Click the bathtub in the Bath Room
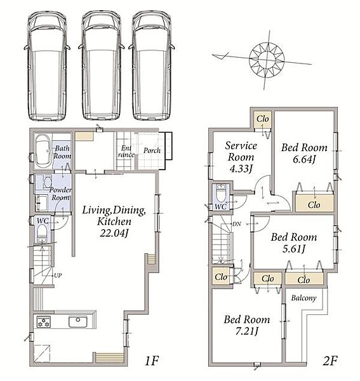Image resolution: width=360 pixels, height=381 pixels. click(43, 151)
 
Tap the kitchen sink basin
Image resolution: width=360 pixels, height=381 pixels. click(77, 322)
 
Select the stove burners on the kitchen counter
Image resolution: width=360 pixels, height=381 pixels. click(44, 322)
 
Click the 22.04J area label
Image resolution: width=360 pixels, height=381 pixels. click(114, 233)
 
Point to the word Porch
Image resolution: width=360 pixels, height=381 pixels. click(152, 150)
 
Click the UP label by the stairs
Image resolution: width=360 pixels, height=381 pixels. click(58, 276)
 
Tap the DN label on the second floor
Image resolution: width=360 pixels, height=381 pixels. click(237, 224)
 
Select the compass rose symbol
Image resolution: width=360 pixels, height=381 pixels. click(267, 60)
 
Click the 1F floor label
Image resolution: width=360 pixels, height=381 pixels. click(152, 361)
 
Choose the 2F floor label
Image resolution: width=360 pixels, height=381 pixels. click(330, 361)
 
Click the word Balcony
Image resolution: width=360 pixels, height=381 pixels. click(303, 298)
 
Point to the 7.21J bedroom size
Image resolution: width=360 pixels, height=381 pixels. click(246, 331)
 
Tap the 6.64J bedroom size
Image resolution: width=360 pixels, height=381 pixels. click(304, 159)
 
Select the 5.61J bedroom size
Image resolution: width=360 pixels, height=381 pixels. click(294, 248)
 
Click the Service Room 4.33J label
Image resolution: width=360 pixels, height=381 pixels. click(241, 157)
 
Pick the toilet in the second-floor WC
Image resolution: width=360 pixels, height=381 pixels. click(221, 194)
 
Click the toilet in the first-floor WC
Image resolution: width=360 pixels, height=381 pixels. click(42, 233)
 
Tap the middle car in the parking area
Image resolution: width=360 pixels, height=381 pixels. click(102, 65)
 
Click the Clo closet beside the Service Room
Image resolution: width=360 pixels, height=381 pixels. click(263, 119)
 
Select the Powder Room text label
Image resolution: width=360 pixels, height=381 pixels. click(60, 194)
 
